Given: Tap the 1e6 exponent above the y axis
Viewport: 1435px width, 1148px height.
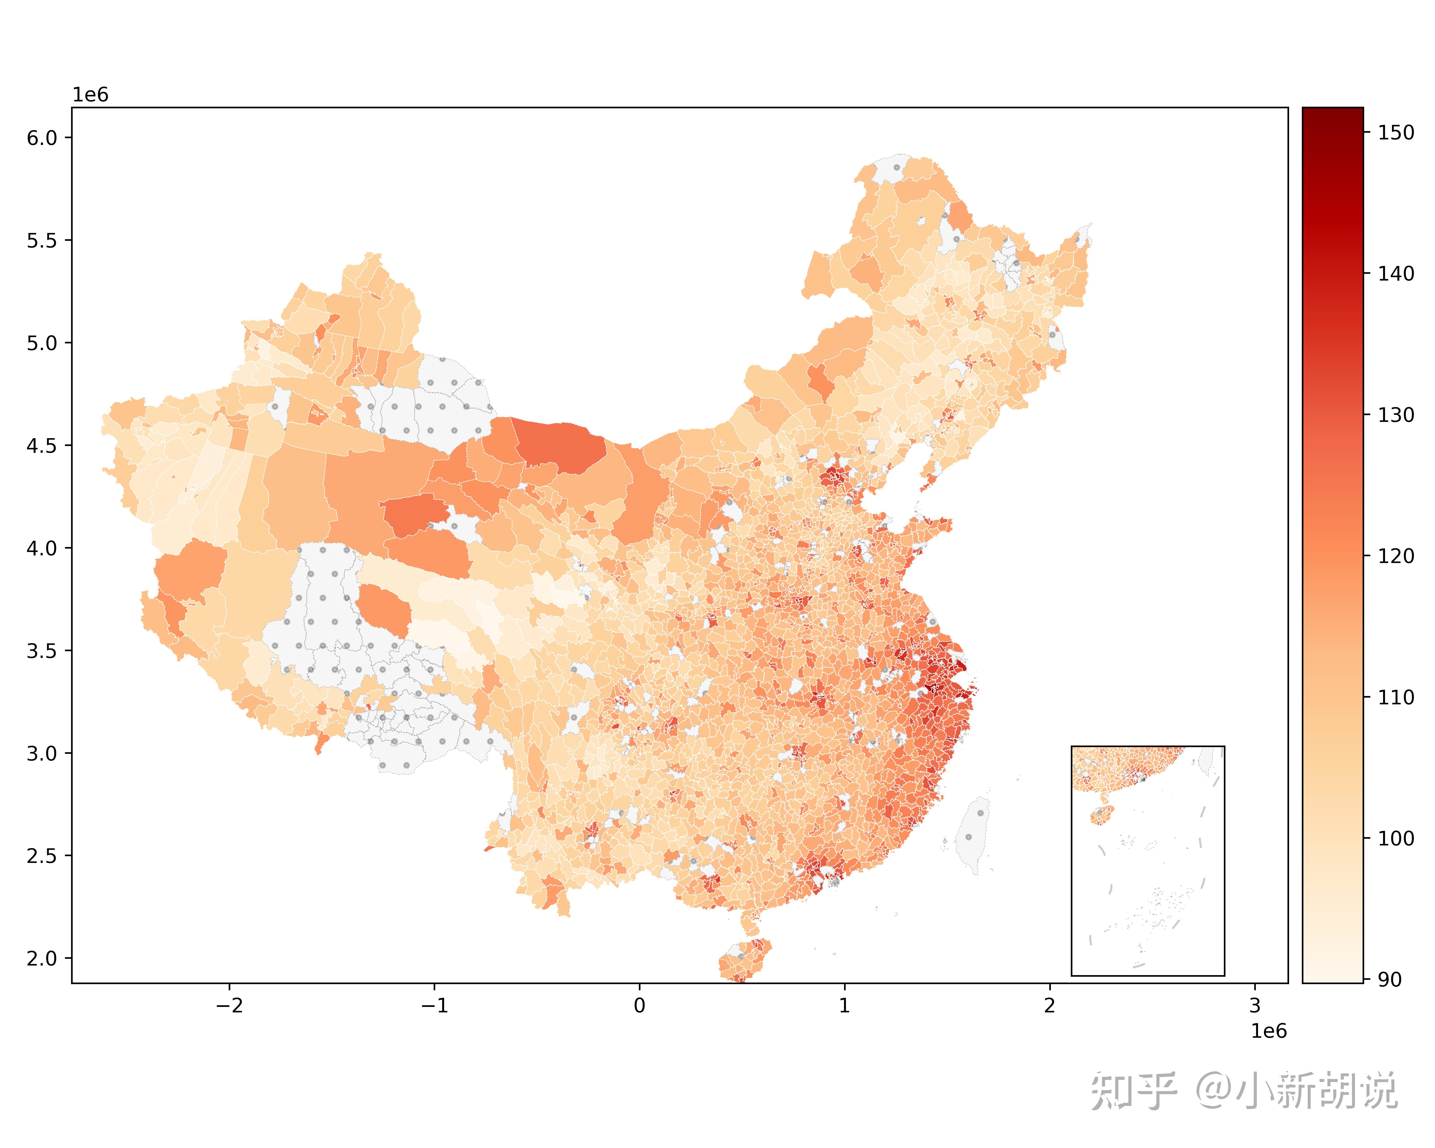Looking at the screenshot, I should [x=90, y=95].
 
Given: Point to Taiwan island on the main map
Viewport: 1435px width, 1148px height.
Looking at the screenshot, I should [x=973, y=835].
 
